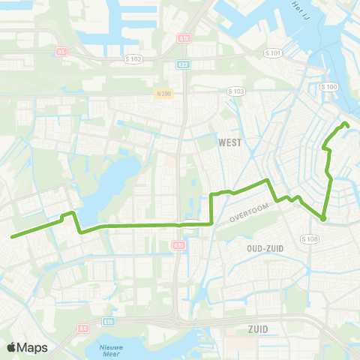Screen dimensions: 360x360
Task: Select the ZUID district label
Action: click(x=257, y=328)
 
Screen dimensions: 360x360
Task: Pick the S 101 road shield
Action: click(x=275, y=53)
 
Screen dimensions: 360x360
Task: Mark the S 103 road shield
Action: click(x=235, y=91)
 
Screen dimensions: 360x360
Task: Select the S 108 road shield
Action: click(x=310, y=238)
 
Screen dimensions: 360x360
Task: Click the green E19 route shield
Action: click(x=110, y=321)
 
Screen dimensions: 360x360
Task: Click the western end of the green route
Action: click(x=12, y=236)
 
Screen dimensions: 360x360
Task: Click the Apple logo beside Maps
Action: click(x=12, y=347)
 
